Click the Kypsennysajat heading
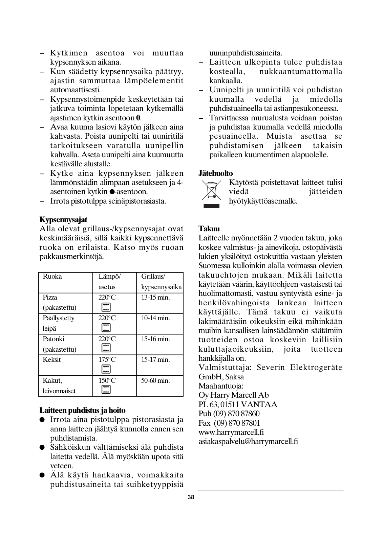click(63, 220)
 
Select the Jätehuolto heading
click(216, 173)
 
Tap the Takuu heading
click(209, 229)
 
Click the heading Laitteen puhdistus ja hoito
click(82, 410)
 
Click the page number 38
click(191, 497)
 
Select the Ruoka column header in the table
click(52, 277)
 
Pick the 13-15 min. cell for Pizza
click(155, 298)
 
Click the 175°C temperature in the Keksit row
click(107, 360)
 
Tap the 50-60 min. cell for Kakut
click(155, 381)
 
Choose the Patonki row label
click(54, 339)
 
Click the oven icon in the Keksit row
click(106, 369)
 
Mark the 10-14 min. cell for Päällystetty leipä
click(155, 318)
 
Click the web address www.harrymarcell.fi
click(231, 432)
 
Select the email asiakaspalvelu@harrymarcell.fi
click(248, 441)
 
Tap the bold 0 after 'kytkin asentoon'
click(138, 118)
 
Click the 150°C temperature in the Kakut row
click(107, 381)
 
